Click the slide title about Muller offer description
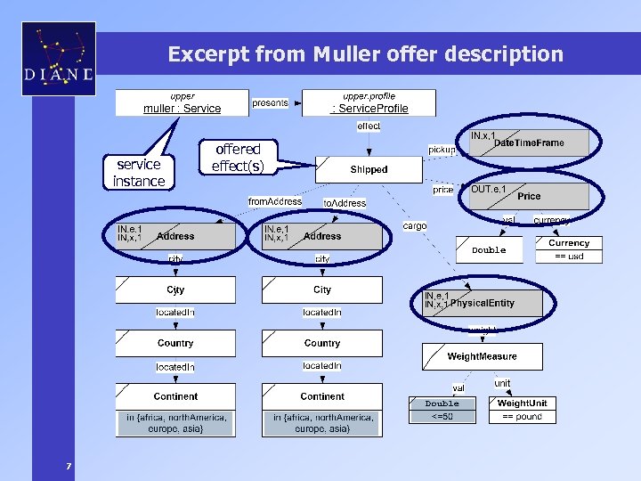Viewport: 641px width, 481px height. [365, 54]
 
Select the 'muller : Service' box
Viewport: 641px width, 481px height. [183, 103]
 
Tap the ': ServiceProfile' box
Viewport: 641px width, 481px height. [369, 103]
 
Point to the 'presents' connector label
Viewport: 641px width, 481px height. [270, 102]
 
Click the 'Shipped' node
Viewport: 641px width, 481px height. [369, 168]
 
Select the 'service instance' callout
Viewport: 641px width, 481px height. [139, 172]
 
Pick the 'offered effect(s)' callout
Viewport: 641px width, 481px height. [238, 158]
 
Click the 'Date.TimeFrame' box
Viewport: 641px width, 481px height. [529, 143]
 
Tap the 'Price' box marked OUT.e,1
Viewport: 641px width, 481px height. [529, 196]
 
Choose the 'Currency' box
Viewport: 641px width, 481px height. [569, 243]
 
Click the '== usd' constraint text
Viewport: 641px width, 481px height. [569, 256]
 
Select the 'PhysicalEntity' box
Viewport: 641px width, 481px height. [482, 303]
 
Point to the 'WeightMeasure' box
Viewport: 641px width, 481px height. [482, 356]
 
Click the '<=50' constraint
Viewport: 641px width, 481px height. [442, 416]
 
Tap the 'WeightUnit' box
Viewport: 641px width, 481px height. [522, 404]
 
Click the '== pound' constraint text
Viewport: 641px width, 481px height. [522, 416]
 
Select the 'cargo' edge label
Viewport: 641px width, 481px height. [415, 226]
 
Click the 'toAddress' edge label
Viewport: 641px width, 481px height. [344, 203]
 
